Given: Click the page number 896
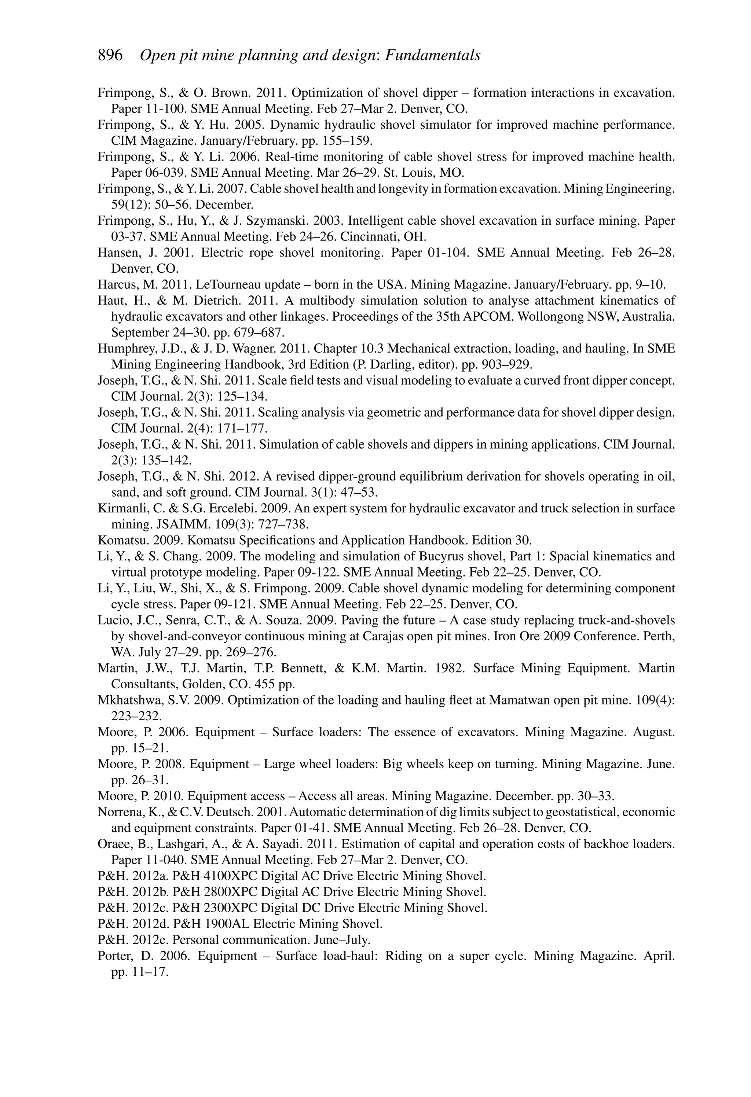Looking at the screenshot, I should pyautogui.click(x=110, y=56).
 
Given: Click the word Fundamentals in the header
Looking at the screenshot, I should pyautogui.click(x=433, y=56).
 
